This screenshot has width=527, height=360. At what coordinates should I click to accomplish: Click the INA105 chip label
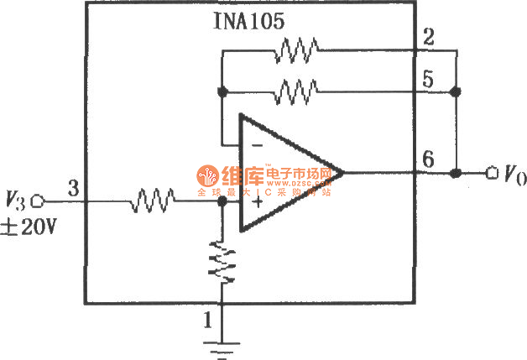pos(249,23)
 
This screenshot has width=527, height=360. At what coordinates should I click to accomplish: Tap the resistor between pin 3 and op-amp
pos(152,201)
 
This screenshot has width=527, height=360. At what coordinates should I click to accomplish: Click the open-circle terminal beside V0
pos(492,174)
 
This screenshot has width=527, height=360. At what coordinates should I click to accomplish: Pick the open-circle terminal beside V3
pos(37,201)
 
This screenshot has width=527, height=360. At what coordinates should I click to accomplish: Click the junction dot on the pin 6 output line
pos(456,174)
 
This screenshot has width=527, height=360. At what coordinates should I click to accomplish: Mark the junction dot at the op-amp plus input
pos(222,201)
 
